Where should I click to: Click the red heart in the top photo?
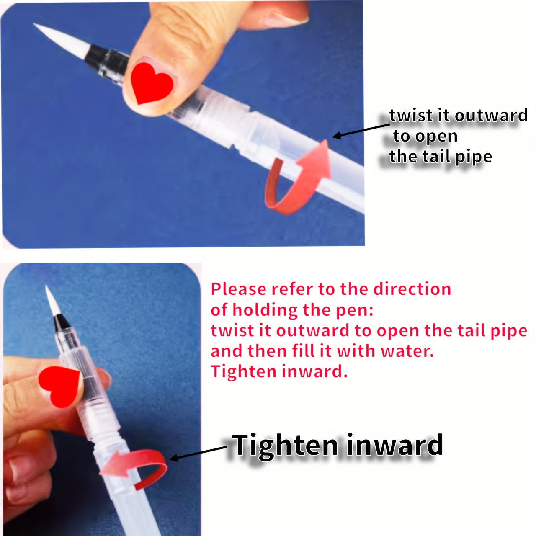tap(152, 82)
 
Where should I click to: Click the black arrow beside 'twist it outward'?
tap(361, 131)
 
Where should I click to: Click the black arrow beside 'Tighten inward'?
tap(198, 452)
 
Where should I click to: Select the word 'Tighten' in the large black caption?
tap(285, 446)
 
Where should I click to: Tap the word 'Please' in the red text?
tap(238, 289)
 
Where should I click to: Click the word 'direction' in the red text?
tap(412, 289)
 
